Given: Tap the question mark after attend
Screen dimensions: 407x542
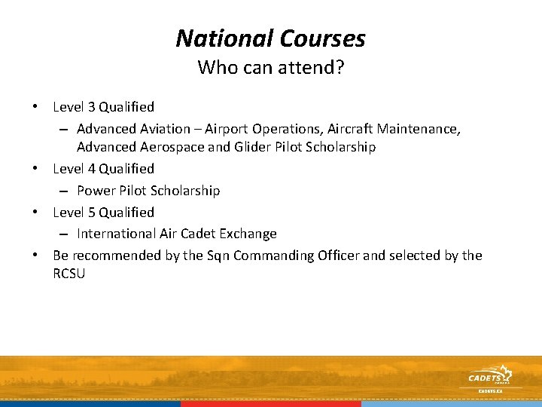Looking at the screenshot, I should coord(340,68).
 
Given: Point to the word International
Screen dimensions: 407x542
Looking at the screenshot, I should coord(115,234).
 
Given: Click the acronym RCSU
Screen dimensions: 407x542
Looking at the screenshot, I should coord(69,274).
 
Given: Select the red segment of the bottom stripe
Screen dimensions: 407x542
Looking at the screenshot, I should coord(271,404).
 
